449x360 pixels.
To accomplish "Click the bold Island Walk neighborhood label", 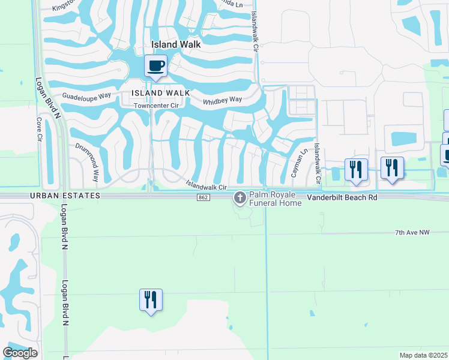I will (x=176, y=44).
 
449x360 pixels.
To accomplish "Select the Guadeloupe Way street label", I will (x=87, y=96).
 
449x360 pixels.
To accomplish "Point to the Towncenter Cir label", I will (x=157, y=106).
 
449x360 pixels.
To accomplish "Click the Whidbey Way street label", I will (x=222, y=100).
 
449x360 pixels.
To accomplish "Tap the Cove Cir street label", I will (x=40, y=129).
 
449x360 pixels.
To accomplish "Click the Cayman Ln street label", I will (x=295, y=163).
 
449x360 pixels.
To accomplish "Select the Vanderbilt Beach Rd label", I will (x=342, y=197).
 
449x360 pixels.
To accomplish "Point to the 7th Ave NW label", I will (x=413, y=232).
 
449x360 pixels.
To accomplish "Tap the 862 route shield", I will (x=202, y=198).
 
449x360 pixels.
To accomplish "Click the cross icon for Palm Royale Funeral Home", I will (x=240, y=197).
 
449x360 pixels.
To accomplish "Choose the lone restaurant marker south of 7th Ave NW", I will (x=151, y=299).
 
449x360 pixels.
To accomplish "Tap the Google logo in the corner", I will (x=20, y=353).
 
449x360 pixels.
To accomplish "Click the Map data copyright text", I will (x=424, y=355).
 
